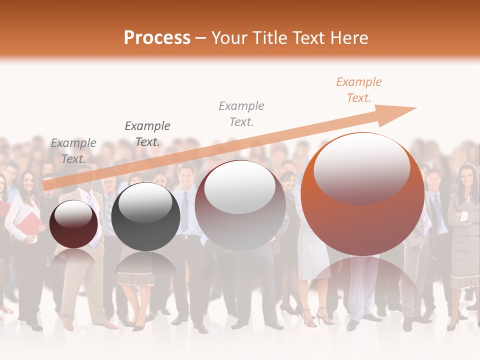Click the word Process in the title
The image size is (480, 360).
click(157, 38)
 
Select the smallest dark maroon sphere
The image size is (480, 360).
click(73, 224)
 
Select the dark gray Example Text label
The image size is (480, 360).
click(147, 133)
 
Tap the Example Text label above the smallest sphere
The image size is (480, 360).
click(73, 151)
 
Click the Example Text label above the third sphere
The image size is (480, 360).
click(241, 113)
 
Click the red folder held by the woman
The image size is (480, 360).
click(31, 223)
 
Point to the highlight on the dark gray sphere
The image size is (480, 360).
click(145, 202)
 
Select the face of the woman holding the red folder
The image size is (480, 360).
click(28, 181)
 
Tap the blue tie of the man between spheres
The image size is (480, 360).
click(184, 210)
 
